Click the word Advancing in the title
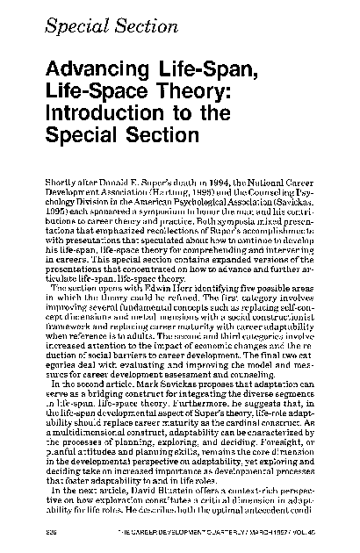[94, 72]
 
